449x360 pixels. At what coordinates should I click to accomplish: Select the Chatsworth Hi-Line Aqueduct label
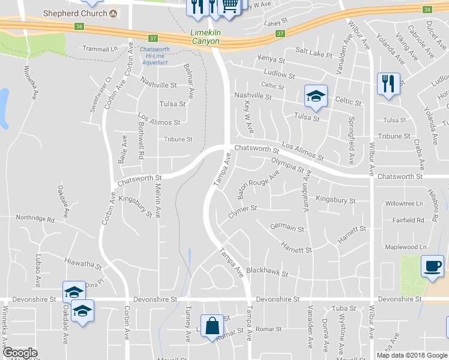154,55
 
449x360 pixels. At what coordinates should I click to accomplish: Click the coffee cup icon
432,266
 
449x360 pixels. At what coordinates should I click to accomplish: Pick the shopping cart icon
229,5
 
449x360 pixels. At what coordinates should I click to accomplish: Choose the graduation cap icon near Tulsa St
316,95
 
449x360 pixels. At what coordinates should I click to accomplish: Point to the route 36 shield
79,26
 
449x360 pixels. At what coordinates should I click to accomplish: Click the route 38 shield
427,10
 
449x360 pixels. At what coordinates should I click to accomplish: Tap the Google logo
20,353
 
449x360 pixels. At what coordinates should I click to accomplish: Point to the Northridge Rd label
35,218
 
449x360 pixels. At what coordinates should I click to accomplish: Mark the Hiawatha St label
82,263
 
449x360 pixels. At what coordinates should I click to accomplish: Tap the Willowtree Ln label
405,203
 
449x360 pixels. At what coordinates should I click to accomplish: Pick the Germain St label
287,228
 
